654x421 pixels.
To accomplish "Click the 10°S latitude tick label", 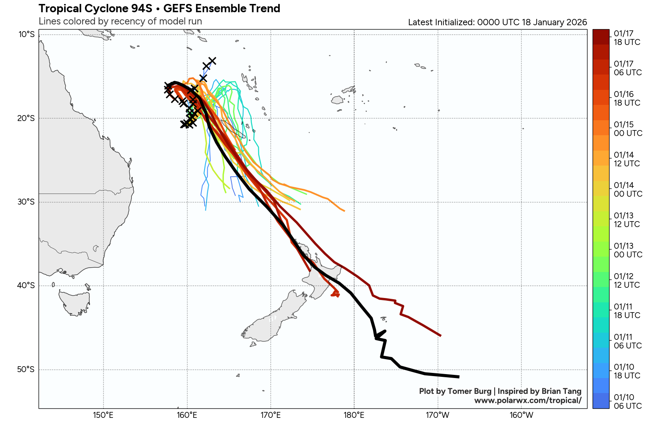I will pyautogui.click(x=26, y=35).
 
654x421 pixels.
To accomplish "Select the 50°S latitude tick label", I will pyautogui.click(x=26, y=369).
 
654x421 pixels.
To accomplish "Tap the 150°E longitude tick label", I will pyautogui.click(x=103, y=415).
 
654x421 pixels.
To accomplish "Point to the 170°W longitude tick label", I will pyautogui.click(x=438, y=415).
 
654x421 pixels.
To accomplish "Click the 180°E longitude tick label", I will pyautogui.click(x=354, y=415).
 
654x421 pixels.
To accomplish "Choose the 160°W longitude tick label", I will pyautogui.click(x=521, y=415).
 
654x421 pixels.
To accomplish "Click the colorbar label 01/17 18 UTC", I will pyautogui.click(x=627, y=38).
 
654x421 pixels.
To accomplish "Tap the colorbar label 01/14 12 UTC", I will pyautogui.click(x=627, y=159).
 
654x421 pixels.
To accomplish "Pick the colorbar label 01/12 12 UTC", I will pyautogui.click(x=627, y=280).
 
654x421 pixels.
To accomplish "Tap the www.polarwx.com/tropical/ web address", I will pyautogui.click(x=528, y=401).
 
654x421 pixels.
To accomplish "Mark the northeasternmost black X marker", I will pyautogui.click(x=212, y=61).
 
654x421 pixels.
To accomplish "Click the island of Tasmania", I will pyautogui.click(x=74, y=303).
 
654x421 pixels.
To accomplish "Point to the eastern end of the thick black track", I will pyautogui.click(x=458, y=377).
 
